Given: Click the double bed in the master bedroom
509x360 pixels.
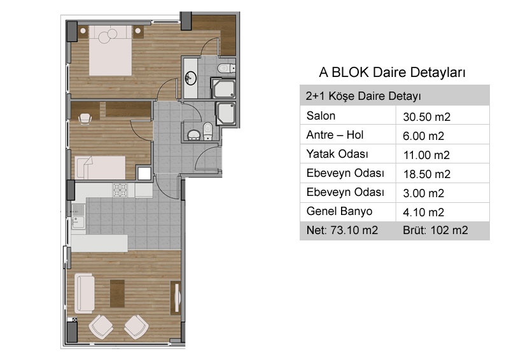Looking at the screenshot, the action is click(x=111, y=51).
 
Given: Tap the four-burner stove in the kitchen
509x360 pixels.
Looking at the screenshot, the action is click(x=120, y=190).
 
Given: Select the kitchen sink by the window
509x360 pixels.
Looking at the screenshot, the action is click(x=78, y=216).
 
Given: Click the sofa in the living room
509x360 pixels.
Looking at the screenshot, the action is click(x=85, y=293).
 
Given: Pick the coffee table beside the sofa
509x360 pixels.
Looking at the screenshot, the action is click(x=117, y=293).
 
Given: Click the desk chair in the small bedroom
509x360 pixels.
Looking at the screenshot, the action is click(x=85, y=118).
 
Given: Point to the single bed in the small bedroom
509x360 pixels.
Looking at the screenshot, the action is click(x=100, y=167).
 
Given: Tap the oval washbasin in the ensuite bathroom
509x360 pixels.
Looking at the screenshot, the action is click(x=190, y=78).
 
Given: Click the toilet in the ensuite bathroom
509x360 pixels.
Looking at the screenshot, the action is click(x=227, y=69).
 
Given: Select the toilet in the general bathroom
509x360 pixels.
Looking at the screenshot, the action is click(x=207, y=131).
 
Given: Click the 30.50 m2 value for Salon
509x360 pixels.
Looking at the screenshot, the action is click(x=426, y=117).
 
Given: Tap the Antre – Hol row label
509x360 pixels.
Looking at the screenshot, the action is click(x=335, y=135).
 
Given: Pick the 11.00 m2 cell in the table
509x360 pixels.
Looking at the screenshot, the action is click(x=426, y=155).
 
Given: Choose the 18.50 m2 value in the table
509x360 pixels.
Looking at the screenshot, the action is click(x=426, y=174).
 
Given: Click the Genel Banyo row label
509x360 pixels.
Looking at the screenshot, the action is click(x=339, y=211).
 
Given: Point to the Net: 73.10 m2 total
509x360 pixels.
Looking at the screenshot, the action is click(x=342, y=230).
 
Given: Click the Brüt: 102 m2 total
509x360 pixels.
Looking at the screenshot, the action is click(x=435, y=230).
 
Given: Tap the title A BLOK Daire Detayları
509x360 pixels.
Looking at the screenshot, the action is click(x=392, y=72).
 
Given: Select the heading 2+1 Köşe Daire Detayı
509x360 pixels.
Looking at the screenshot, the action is click(x=363, y=96).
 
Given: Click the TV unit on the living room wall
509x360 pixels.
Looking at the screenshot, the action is click(x=176, y=298).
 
